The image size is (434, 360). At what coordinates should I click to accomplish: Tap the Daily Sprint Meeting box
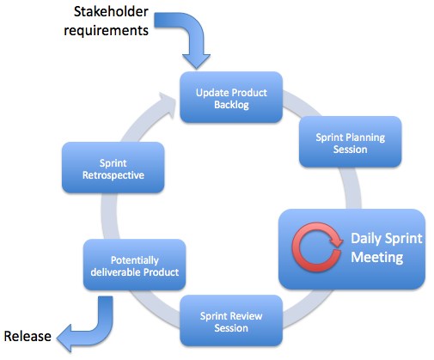pos(351,247)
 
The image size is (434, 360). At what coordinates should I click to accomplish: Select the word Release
pos(27,336)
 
